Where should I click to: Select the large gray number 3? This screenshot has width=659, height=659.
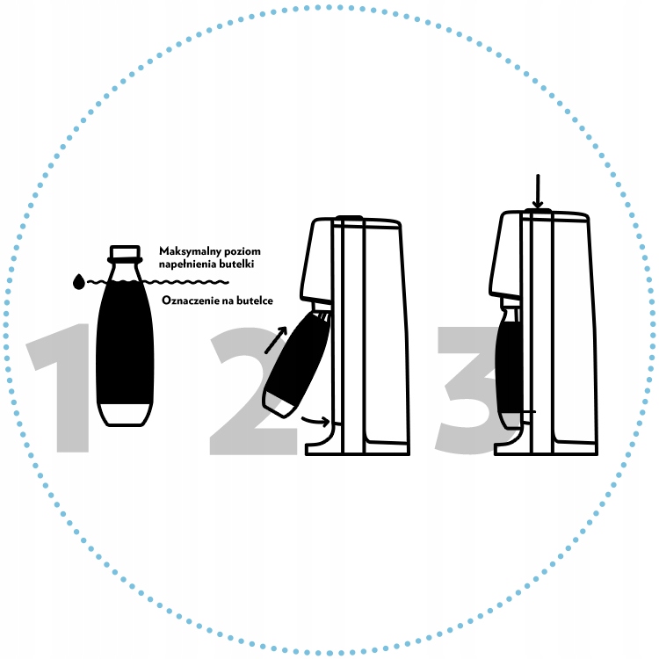click(x=466, y=387)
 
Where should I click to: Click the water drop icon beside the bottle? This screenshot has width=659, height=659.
click(x=79, y=281)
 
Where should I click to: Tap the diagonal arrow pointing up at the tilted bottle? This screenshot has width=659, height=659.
click(x=276, y=338)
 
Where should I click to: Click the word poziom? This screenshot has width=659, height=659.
click(x=241, y=250)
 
